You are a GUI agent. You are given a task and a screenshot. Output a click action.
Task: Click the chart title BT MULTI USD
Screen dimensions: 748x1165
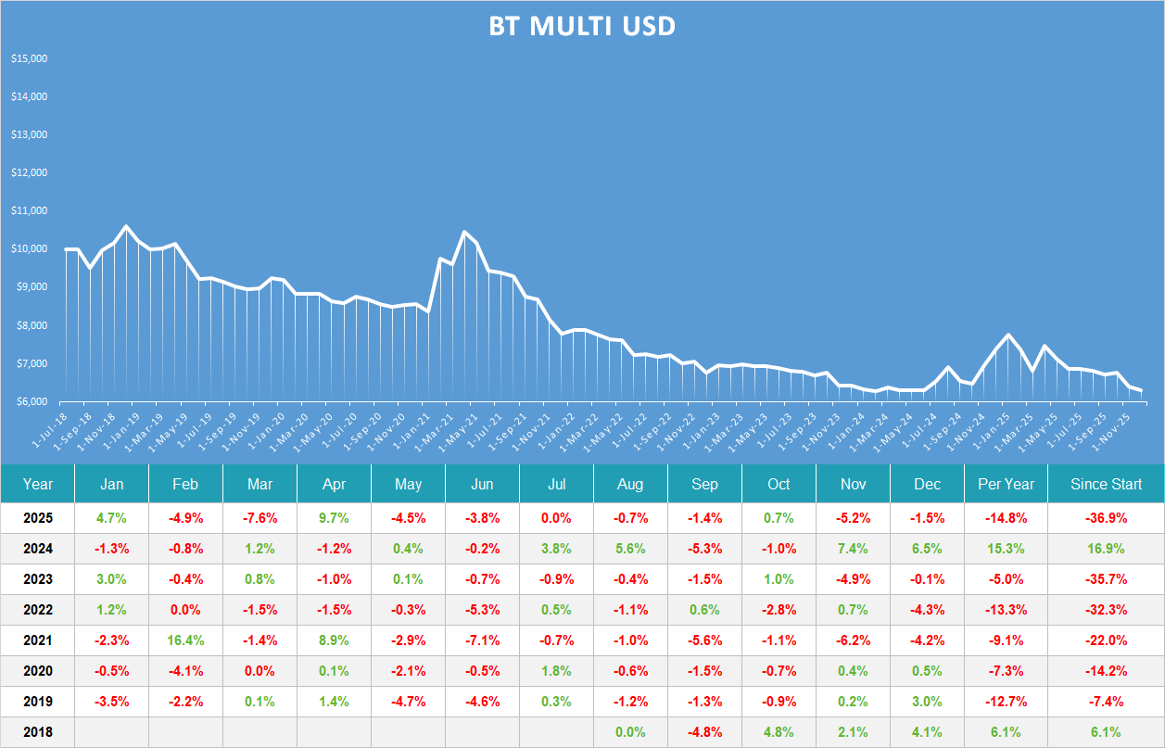pos(582,27)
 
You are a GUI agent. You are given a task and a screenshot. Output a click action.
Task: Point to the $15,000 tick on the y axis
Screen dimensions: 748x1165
pos(29,58)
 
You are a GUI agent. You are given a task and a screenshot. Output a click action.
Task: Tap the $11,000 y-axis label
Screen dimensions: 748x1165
pos(29,211)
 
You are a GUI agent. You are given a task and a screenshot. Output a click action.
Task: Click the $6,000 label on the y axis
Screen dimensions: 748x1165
pos(29,401)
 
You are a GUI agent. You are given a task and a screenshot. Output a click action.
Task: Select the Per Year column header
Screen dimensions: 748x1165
pos(1006,484)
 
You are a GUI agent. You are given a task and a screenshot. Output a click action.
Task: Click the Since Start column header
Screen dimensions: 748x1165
pos(1106,484)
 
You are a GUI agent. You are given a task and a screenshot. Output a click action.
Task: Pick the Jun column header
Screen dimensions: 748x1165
pos(482,484)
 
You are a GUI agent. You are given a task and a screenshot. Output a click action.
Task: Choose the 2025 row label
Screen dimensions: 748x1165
pos(38,518)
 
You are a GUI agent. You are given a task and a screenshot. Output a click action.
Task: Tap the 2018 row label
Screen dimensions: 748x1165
pos(38,732)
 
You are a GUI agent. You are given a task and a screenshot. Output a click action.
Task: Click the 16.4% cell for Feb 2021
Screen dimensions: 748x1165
pos(185,640)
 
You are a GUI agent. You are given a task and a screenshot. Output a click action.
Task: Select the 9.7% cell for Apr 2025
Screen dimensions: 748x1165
pos(334,518)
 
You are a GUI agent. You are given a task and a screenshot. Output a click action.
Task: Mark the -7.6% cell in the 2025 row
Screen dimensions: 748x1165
pos(260,518)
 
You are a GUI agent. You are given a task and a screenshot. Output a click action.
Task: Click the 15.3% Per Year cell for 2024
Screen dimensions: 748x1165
pos(1006,549)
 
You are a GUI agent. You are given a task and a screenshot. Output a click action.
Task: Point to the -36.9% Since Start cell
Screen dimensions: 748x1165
pos(1106,518)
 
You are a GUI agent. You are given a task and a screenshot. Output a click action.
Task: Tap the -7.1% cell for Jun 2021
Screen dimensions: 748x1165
pos(482,640)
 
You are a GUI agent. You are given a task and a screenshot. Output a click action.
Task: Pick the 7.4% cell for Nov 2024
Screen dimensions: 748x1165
pos(853,549)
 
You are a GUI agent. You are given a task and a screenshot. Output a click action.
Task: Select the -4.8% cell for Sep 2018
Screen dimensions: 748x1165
pos(704,732)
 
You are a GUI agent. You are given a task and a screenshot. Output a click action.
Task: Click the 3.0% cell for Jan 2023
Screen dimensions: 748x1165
pos(111,579)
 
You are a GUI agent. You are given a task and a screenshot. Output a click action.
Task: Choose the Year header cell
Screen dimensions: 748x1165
pos(38,484)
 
